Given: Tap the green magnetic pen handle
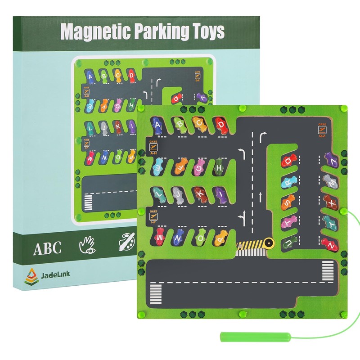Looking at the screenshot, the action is (238, 336).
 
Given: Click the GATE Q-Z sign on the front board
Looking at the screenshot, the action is (322, 130).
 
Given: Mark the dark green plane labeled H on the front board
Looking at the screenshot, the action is (219, 167).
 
